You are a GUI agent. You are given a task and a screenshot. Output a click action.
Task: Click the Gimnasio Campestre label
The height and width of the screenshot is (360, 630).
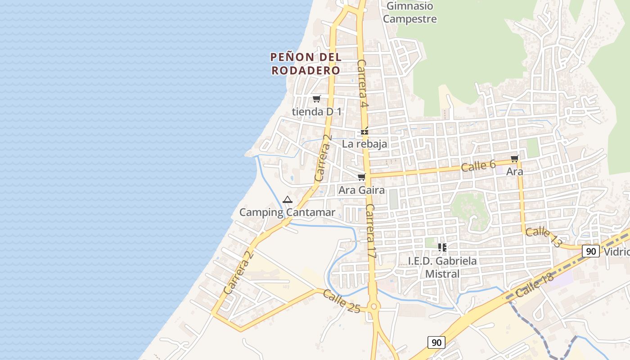tap(409, 13)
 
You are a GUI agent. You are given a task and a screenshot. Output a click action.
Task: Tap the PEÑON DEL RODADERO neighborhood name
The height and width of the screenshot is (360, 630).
tap(306, 64)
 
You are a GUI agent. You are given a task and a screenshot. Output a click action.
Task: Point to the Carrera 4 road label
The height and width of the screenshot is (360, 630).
tap(363, 84)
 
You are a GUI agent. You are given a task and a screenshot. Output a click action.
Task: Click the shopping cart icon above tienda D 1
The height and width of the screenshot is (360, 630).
tap(317, 99)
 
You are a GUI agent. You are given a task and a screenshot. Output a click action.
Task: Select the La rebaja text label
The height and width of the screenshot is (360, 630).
tap(364, 144)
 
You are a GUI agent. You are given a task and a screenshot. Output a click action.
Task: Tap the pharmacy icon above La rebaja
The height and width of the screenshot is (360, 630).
tap(364, 131)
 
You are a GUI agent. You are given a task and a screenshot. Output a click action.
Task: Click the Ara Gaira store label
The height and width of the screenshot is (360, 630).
tap(361, 190)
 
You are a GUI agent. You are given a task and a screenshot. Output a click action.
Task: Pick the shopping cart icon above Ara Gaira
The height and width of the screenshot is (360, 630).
tap(361, 177)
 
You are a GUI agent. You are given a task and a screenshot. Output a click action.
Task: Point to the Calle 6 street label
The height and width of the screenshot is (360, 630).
tap(478, 166)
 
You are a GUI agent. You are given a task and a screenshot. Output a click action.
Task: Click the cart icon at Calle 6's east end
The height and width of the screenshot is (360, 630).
tap(514, 158)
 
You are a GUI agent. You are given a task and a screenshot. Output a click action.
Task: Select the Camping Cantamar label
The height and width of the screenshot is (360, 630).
tap(287, 212)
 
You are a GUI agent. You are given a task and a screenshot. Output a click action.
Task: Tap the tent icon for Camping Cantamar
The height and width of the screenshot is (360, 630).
tap(287, 199)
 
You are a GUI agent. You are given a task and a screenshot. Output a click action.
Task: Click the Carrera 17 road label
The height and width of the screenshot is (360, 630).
tap(371, 231)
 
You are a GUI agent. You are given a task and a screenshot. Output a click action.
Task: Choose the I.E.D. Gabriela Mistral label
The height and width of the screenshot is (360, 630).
tap(442, 267)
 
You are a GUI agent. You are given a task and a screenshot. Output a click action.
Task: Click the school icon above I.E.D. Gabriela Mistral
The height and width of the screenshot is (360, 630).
tap(442, 247)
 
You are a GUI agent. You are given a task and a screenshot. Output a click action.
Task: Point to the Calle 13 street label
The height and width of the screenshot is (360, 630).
tap(544, 237)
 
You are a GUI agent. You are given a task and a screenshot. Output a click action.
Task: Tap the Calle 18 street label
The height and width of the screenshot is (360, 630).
tap(535, 285)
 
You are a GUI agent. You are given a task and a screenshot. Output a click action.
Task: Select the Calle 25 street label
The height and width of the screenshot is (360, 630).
tap(342, 301)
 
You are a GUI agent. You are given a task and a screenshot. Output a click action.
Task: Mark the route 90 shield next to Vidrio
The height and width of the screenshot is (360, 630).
tap(590, 251)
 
